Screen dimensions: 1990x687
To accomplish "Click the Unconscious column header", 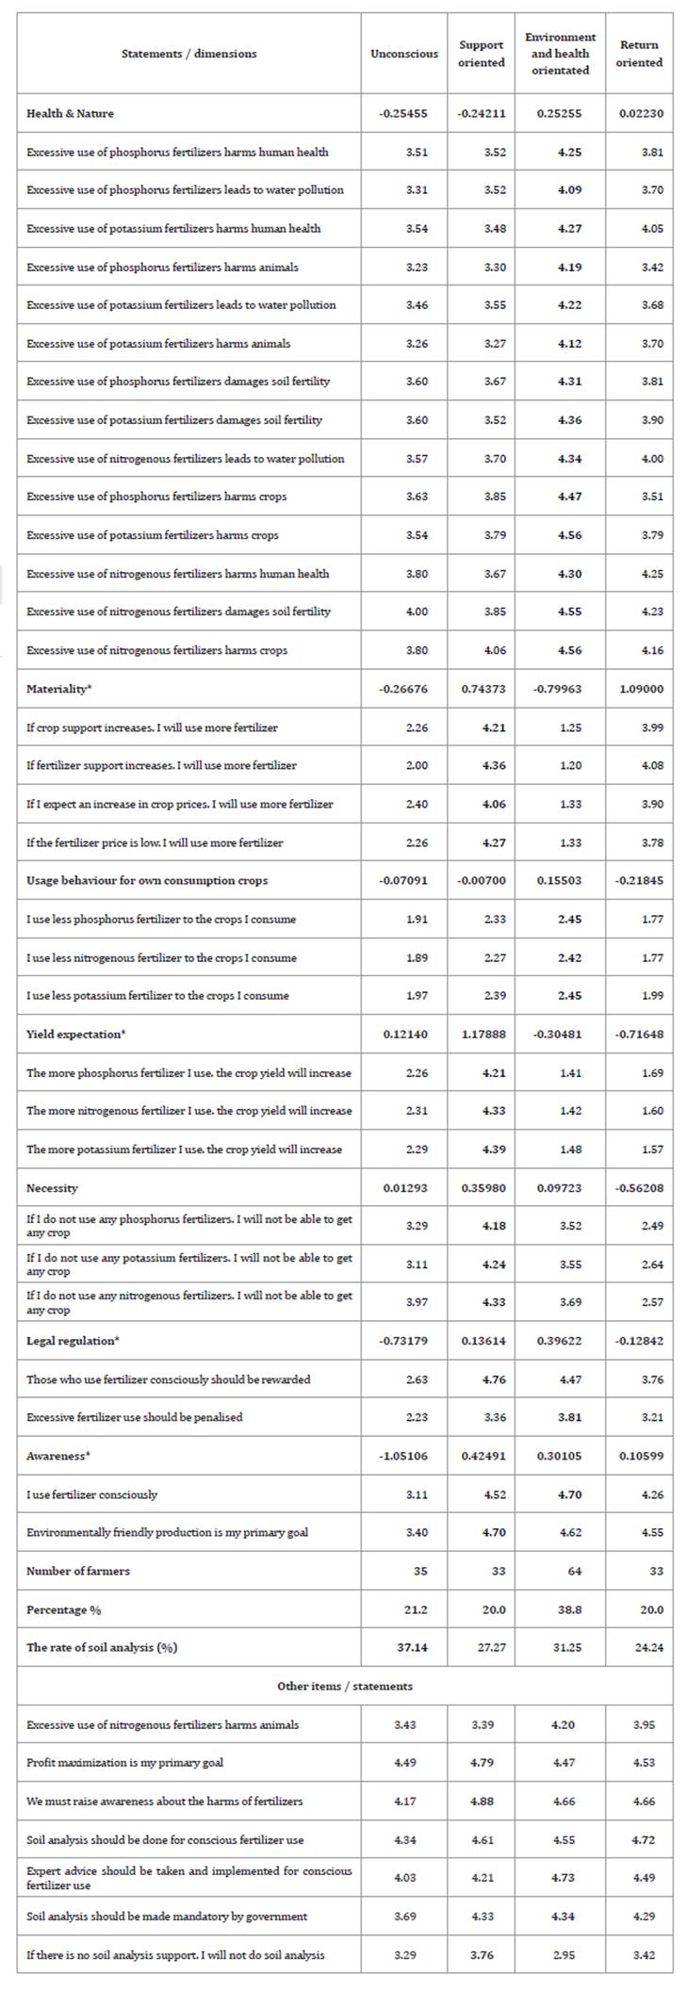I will (403, 54).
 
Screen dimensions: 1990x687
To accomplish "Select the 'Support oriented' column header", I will (481, 54).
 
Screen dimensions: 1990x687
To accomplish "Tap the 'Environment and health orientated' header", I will (560, 54).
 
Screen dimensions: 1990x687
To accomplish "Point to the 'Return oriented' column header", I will (639, 54).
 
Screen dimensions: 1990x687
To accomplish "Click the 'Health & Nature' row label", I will (70, 113).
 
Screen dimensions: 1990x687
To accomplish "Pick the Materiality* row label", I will (59, 689).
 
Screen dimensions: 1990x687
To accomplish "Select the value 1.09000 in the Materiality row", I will (641, 689).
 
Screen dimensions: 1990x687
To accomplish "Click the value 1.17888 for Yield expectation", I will (483, 1035).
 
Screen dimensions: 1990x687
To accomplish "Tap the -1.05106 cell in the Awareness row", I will (403, 1456).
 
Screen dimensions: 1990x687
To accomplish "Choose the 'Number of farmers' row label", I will (78, 1571).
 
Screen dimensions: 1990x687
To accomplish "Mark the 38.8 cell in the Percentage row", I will (562, 1609).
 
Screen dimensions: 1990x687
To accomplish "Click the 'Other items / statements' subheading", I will (344, 1686).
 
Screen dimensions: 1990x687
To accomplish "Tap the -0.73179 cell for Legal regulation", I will (403, 1341).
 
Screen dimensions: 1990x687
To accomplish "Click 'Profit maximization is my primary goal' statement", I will (124, 1762).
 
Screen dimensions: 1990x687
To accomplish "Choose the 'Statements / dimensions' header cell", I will (188, 54).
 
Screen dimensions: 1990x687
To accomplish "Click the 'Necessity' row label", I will (52, 1188).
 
